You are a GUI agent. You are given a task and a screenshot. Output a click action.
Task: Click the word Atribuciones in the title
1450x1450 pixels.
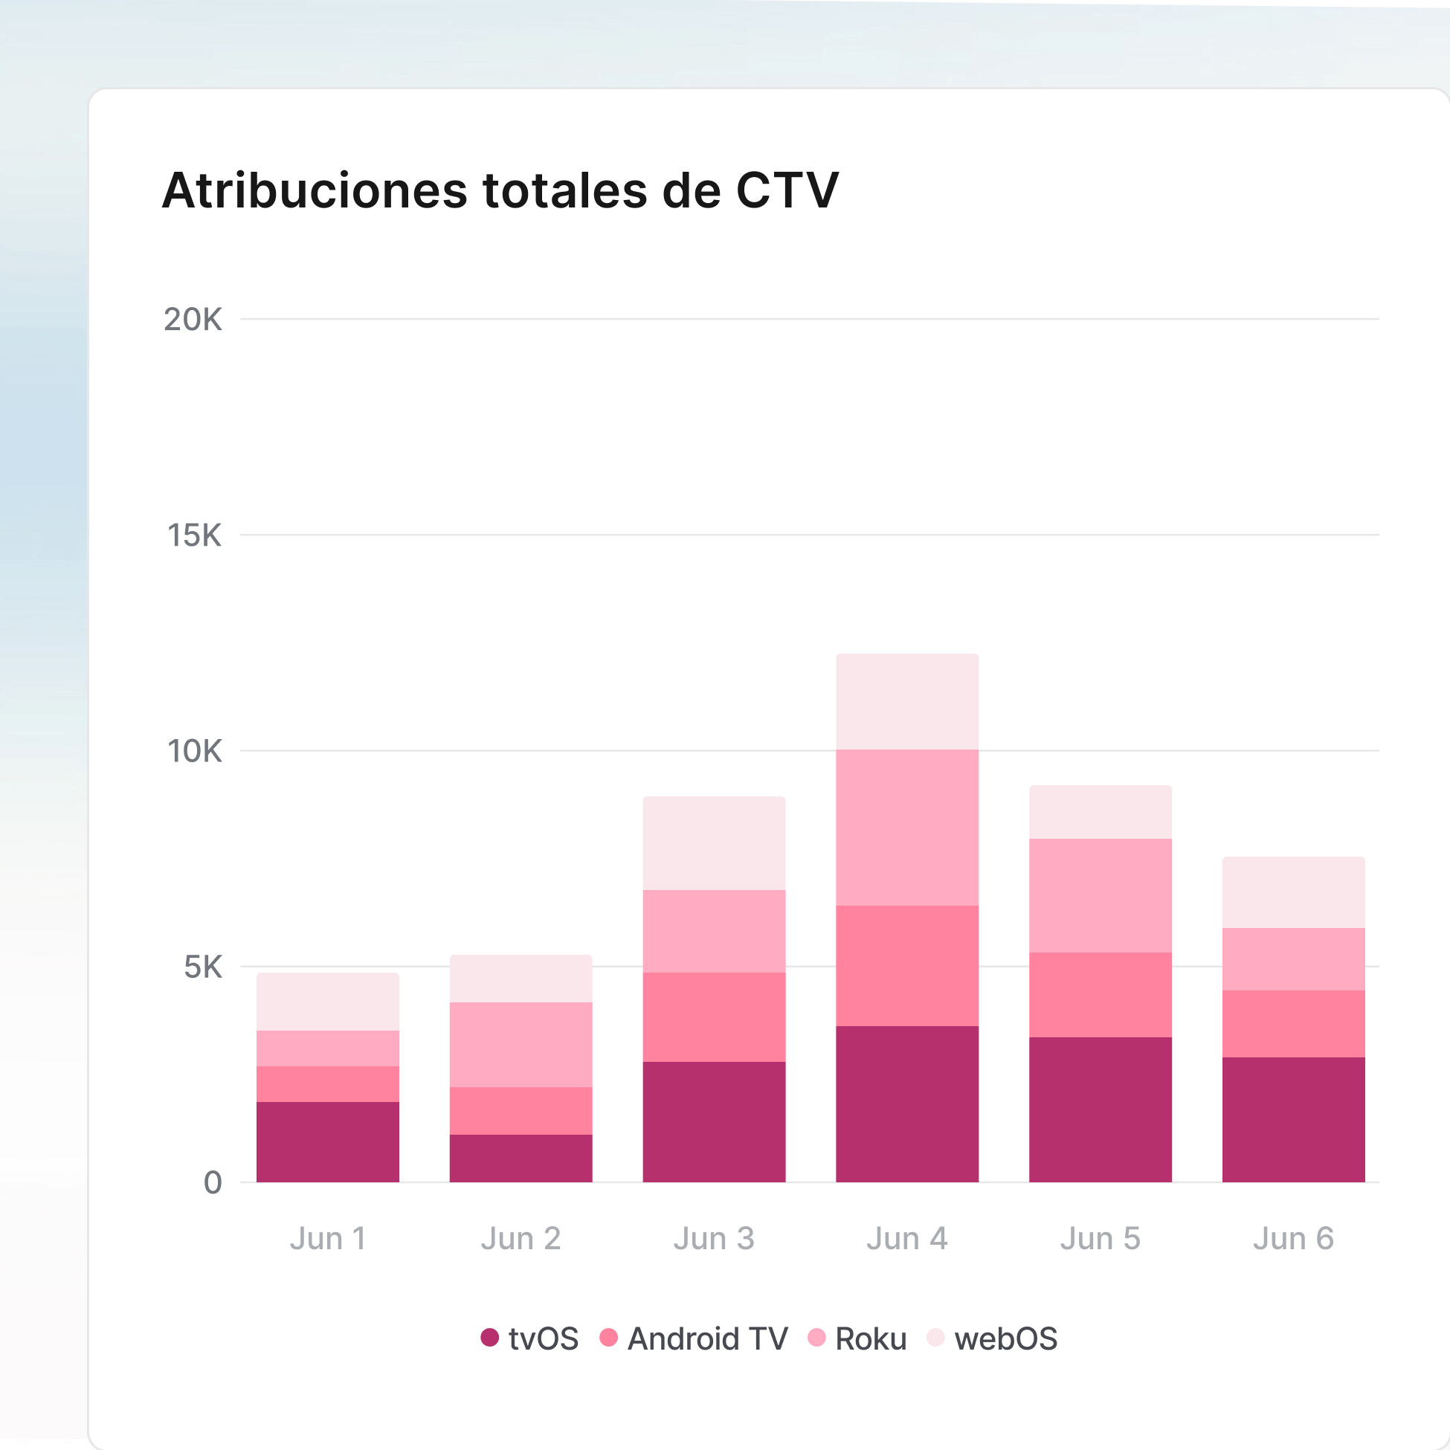pos(315,190)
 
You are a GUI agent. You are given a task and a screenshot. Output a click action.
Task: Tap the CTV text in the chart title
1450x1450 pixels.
pos(787,190)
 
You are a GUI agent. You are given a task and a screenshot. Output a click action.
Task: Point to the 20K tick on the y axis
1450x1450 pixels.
pos(193,320)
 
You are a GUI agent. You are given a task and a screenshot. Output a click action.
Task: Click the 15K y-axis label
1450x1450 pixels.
pos(194,536)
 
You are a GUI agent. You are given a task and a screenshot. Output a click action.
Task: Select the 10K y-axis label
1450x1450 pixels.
pos(194,751)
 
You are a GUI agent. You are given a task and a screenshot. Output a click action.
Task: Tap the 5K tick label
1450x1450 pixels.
pos(203,967)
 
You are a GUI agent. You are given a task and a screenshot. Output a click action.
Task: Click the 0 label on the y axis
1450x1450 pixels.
pos(213,1183)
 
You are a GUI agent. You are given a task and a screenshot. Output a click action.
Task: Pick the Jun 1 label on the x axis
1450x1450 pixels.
pos(328,1239)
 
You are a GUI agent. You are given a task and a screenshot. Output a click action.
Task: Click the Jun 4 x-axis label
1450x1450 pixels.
pos(906,1239)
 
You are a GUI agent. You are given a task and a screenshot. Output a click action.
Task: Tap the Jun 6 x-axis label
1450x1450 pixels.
pos(1293,1239)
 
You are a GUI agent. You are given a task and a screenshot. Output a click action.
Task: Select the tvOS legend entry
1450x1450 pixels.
pos(530,1339)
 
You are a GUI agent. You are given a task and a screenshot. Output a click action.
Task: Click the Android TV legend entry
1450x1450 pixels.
pos(695,1339)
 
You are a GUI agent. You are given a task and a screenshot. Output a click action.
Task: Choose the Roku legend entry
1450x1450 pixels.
pos(857,1339)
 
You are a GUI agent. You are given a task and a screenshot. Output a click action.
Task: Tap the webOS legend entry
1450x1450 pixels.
pos(992,1339)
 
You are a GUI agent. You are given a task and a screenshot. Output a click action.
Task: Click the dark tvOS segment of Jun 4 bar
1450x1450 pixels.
pos(906,1104)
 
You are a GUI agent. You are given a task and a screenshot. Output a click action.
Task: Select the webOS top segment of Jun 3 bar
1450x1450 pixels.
pos(714,843)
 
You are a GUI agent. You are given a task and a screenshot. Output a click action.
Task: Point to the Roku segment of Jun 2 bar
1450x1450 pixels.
pos(521,1045)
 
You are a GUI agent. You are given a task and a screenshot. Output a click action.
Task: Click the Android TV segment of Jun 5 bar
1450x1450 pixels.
pos(1101,995)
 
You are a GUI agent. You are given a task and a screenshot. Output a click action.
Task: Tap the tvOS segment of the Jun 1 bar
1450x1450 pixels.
pos(328,1142)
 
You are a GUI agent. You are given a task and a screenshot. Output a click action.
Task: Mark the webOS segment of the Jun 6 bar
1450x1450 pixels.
pos(1293,892)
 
